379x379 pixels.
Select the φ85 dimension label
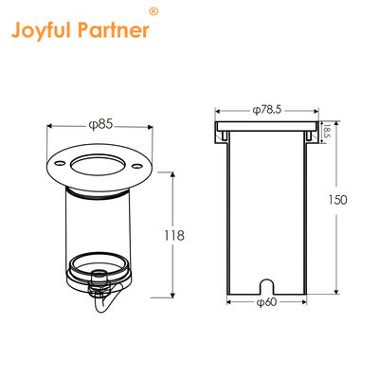coord(99,122)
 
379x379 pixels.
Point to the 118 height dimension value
coord(192,235)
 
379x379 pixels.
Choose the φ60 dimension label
coord(267,302)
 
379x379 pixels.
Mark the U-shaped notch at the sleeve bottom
coord(266,283)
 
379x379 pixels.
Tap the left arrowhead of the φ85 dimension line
coord(51,123)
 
